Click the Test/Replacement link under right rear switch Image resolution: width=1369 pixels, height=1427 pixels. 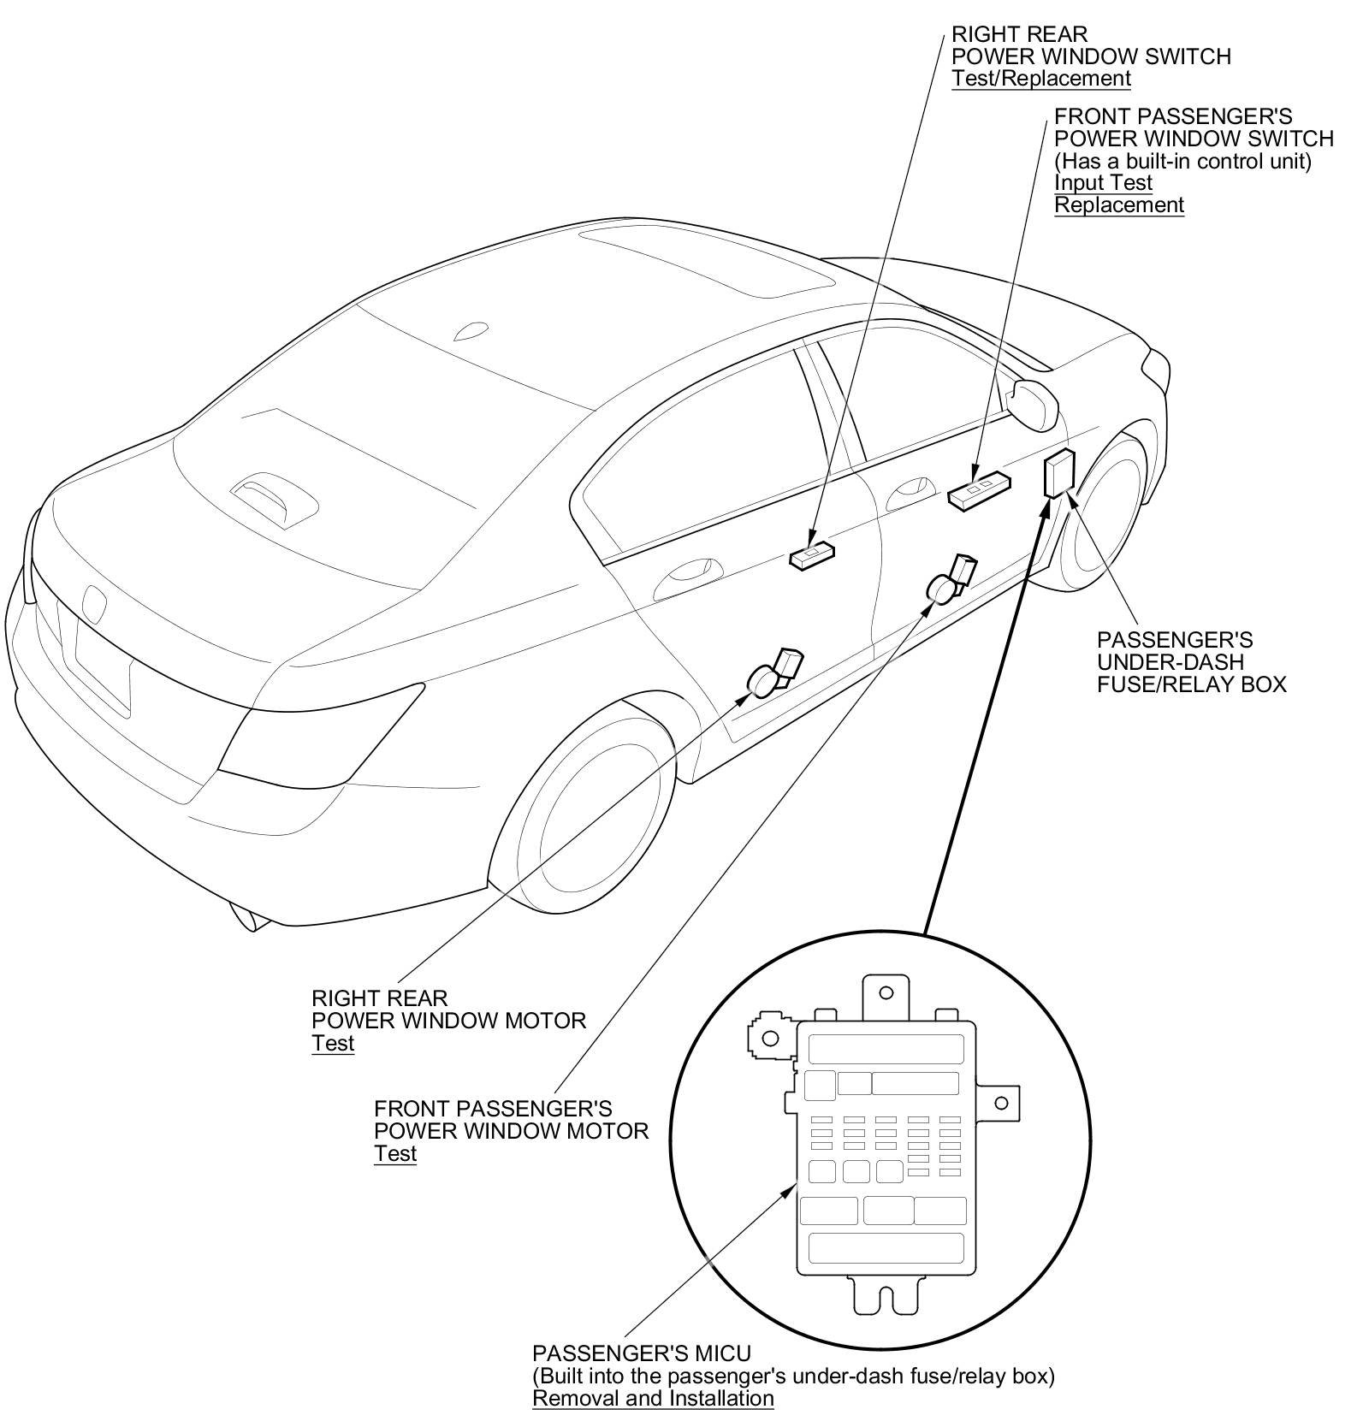pos(1040,79)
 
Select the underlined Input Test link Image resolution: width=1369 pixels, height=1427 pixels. pos(1103,183)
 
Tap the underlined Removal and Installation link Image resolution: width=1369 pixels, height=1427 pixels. pos(653,1398)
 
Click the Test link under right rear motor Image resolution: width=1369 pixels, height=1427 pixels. pos(333,1043)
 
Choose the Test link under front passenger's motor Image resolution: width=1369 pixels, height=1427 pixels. pos(395,1153)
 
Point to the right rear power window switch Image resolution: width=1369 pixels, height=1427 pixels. pos(811,556)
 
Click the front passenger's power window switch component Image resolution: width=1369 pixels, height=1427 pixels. pos(978,491)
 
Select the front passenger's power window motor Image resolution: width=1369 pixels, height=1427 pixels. pos(951,581)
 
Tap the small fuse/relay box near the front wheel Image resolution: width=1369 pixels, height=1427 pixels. pos(1059,471)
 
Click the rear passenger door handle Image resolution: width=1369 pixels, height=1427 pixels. pos(682,576)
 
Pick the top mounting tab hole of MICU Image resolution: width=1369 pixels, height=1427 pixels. pos(886,993)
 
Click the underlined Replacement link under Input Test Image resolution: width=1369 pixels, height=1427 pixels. pos(1118,205)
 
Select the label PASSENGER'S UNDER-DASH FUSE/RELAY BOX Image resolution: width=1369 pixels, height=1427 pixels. pos(1191,662)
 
